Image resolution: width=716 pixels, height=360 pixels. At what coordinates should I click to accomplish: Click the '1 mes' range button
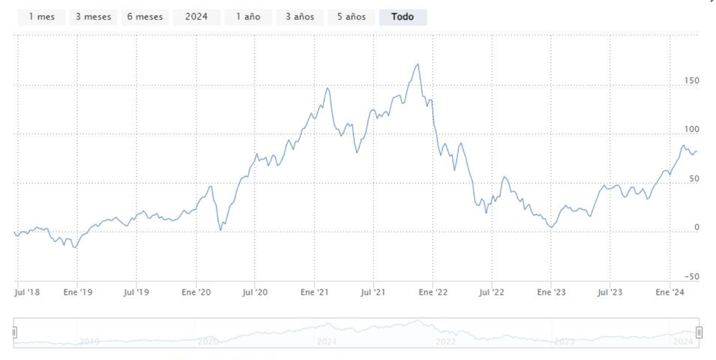(42, 17)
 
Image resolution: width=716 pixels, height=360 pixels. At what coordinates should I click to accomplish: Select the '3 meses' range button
(93, 17)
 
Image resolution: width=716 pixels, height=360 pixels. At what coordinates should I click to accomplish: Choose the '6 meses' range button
(145, 17)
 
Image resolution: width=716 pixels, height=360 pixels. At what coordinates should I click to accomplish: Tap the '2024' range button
(196, 17)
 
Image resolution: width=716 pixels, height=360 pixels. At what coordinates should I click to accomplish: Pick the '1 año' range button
(248, 17)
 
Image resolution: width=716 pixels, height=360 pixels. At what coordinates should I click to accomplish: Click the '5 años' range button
(351, 17)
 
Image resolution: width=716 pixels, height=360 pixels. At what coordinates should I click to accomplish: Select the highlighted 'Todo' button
(403, 17)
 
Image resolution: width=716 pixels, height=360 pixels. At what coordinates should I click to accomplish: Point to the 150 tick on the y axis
(691, 80)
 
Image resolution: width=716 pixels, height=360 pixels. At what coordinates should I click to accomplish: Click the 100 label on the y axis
(691, 129)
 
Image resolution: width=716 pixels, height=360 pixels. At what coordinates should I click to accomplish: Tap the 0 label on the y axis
(696, 227)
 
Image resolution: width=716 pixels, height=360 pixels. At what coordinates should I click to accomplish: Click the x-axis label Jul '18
(28, 292)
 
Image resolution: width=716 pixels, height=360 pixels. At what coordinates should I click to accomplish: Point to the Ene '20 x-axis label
(196, 292)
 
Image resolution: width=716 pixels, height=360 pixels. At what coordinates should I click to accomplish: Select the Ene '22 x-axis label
(434, 292)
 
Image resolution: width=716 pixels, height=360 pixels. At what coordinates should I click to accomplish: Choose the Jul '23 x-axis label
(612, 292)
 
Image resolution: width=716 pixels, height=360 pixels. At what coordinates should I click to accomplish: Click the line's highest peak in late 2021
(417, 65)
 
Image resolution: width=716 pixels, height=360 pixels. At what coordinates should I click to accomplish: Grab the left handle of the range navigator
(14, 333)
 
